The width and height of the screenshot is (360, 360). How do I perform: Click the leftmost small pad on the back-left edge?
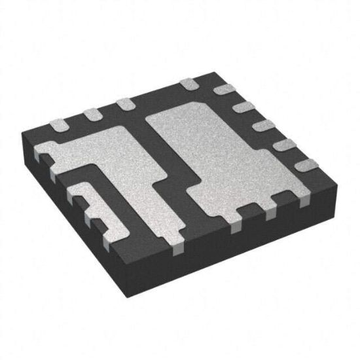58,124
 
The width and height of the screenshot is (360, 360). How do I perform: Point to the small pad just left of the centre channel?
123,103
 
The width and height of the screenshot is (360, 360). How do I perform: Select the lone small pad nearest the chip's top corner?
189,83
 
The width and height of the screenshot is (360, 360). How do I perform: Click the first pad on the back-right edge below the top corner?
226,90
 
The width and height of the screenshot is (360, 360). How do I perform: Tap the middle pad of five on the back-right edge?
262,124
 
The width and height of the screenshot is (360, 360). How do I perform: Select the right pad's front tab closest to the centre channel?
238,225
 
